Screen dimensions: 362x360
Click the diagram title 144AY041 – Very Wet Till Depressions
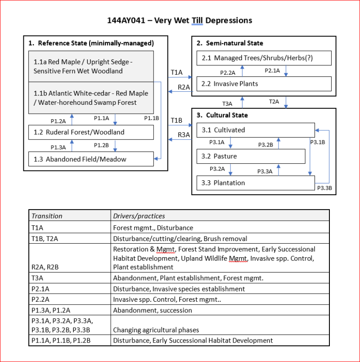click(180, 21)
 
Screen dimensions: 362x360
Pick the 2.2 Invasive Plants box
click(264, 84)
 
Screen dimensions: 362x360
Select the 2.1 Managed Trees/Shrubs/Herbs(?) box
click(264, 58)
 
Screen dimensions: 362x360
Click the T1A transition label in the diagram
click(176, 72)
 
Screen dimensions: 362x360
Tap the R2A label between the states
click(184, 87)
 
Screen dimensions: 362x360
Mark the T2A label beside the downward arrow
click(274, 102)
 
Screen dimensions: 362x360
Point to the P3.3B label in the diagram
click(325, 188)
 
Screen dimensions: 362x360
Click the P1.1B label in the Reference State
click(152, 118)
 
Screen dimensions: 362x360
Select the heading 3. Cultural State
click(222, 115)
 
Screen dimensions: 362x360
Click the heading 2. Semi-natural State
click(230, 43)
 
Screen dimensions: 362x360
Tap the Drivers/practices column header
click(139, 216)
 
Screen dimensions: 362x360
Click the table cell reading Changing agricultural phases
click(156, 330)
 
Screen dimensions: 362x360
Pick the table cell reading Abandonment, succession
click(153, 310)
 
